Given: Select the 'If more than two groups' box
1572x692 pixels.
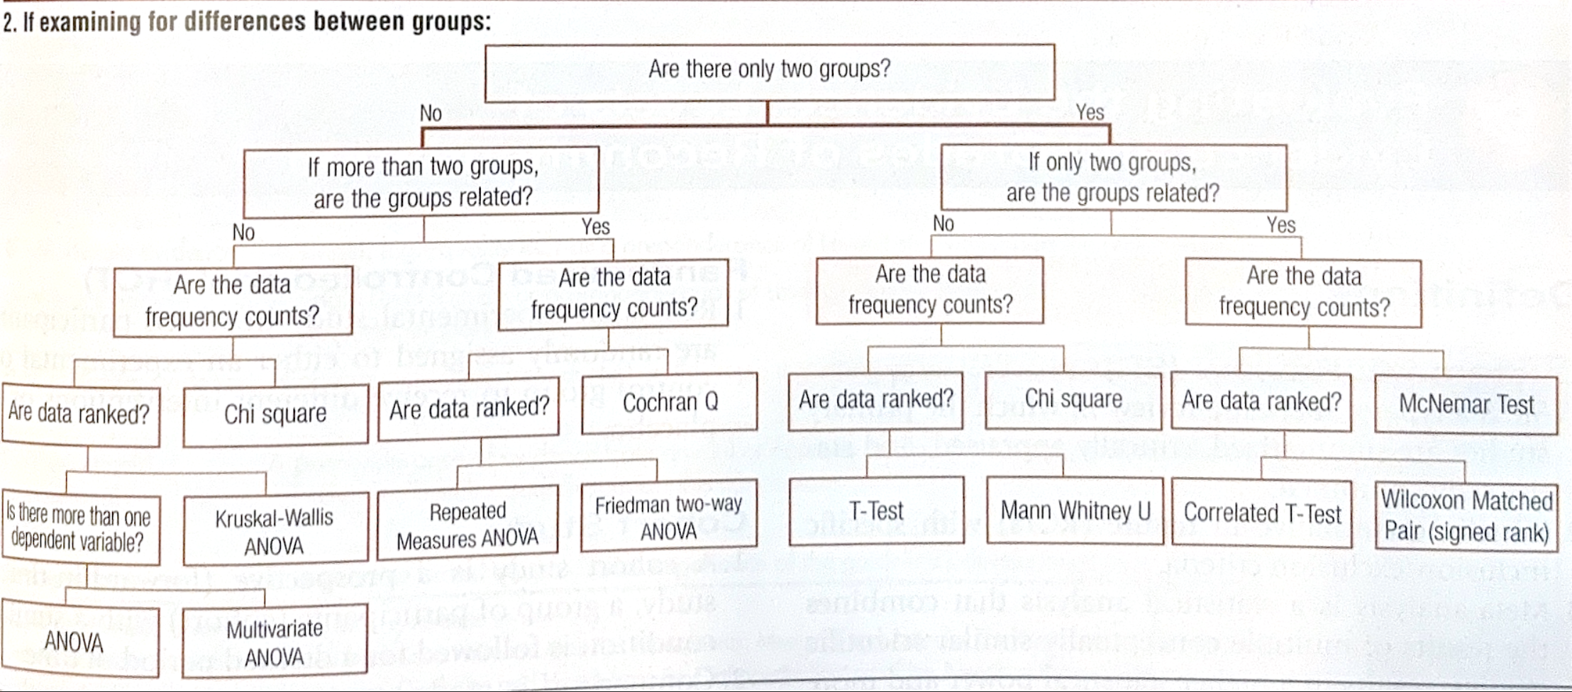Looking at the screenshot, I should pos(421,182).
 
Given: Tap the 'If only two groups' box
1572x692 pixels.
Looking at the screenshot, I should pos(1112,177).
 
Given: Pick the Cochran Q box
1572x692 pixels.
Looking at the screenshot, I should pos(669,403).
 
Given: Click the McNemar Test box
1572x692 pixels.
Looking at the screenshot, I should pos(1465,405).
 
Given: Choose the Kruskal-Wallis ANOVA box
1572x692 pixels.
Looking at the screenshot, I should pos(275,531).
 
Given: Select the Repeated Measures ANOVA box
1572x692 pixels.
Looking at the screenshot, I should pos(467,525).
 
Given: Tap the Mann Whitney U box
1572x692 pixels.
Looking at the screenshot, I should pos(1074,510).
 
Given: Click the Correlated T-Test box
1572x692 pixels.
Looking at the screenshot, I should pos(1261,513).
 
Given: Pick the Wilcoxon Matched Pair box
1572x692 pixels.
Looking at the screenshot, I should pos(1466,516).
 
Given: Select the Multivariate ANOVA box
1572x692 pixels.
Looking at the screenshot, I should pos(275,642).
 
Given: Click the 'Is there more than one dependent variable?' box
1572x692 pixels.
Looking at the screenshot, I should pos(79,528).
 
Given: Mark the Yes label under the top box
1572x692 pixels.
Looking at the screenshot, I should pos(1090,113).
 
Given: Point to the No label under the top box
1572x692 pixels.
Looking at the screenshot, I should pos(431,113).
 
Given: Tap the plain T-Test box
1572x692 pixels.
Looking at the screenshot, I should pos(876,510).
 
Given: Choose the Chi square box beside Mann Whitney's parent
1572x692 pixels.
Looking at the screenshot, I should pos(1073,400).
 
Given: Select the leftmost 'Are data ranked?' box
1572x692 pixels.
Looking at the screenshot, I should pos(79,413).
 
